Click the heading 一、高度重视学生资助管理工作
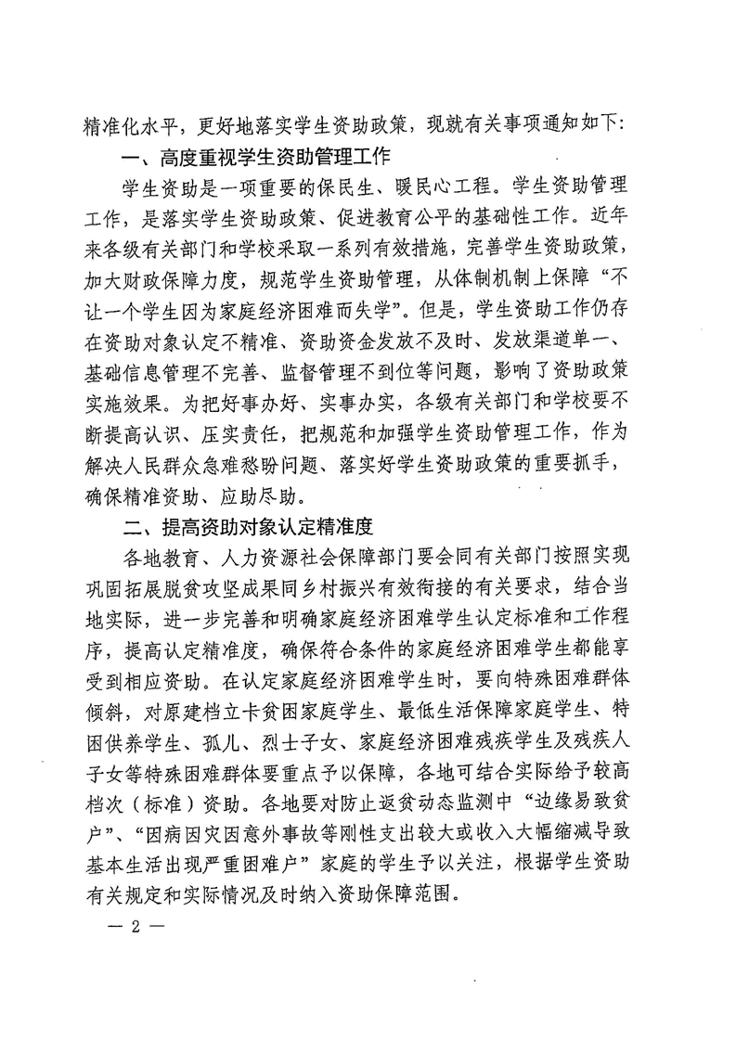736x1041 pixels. [x=256, y=153]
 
